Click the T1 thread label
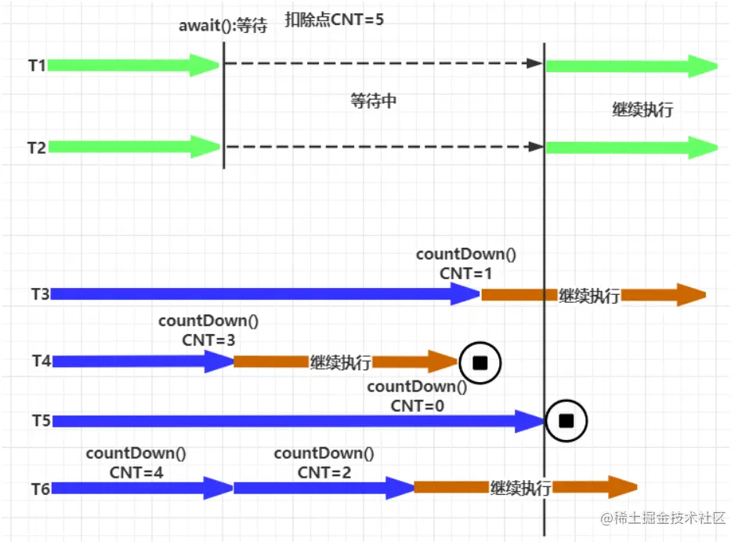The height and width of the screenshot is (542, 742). point(37,66)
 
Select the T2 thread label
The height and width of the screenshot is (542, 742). point(37,147)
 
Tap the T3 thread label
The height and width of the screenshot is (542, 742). point(41,294)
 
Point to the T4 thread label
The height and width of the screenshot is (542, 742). point(42,361)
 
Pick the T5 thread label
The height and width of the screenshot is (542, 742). point(41,421)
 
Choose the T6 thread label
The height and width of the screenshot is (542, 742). point(41,489)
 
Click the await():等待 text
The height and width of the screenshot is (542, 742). point(223,26)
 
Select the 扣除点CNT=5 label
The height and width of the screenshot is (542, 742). point(334,19)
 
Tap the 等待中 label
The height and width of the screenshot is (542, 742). point(374,101)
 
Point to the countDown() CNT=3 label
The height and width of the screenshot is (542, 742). point(208,330)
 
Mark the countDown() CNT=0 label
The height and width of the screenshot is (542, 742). point(417,395)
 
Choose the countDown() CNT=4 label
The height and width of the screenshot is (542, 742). point(136,462)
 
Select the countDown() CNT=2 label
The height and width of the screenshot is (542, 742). point(324,462)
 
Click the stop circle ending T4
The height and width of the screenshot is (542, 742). point(480,362)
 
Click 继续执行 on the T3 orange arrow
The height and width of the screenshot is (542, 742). point(589,296)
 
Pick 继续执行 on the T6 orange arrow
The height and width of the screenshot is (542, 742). point(521,488)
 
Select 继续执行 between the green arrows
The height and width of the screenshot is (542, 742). point(642,110)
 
